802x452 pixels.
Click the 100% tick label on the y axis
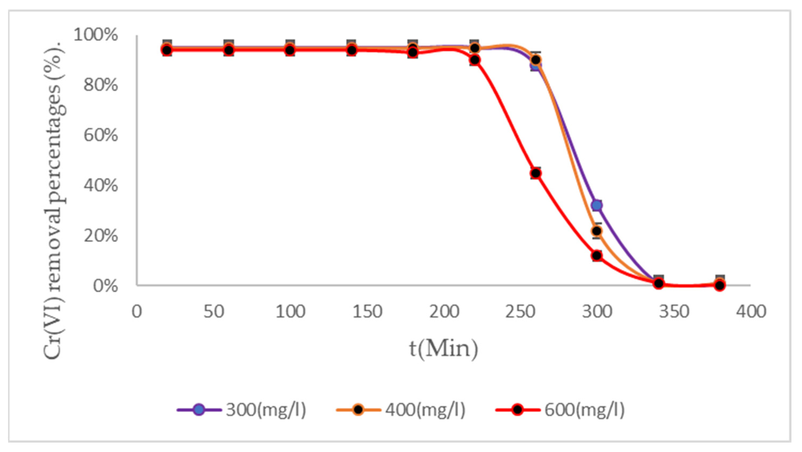click(96, 35)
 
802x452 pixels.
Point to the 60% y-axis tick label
click(100, 136)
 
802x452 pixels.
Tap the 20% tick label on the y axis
click(100, 236)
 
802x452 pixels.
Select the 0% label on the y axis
click(106, 286)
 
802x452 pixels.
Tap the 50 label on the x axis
click(214, 312)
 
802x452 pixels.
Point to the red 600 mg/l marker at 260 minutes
click(536, 173)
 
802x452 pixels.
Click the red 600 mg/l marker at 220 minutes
click(474, 60)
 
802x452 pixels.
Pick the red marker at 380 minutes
click(719, 285)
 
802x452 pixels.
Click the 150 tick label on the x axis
click(367, 312)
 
